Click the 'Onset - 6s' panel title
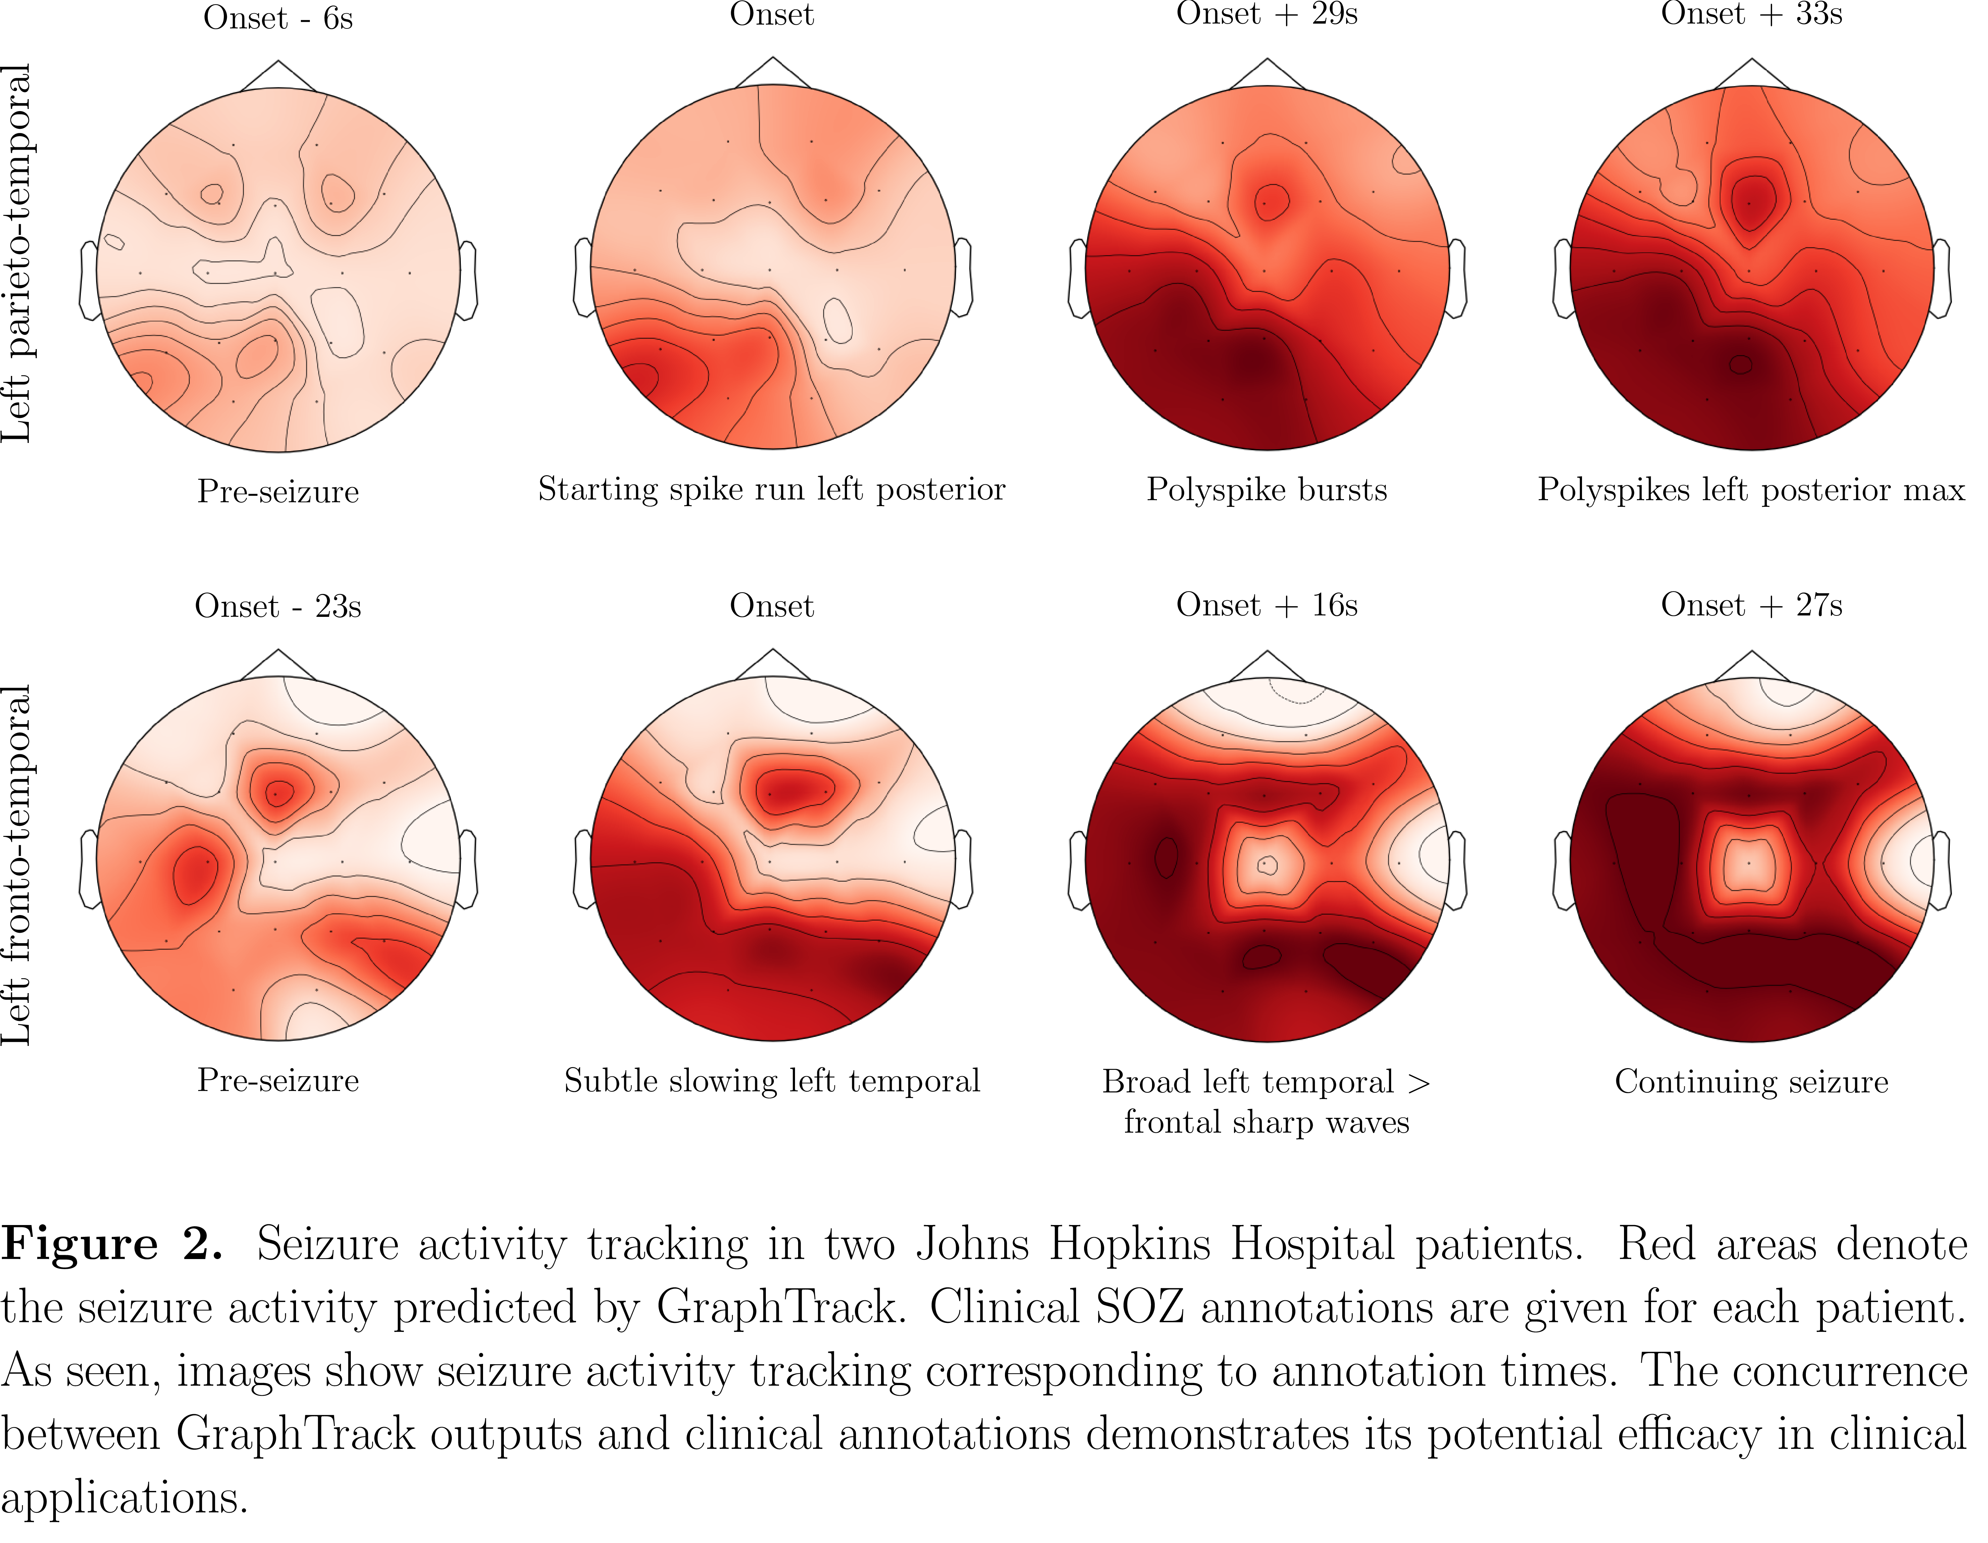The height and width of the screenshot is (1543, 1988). pos(278,18)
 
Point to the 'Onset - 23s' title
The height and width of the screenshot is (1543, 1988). pos(278,606)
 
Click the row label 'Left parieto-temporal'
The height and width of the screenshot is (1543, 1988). pos(18,253)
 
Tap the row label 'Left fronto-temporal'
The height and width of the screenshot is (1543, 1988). pos(18,865)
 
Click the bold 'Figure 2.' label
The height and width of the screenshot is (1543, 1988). pos(111,1244)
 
